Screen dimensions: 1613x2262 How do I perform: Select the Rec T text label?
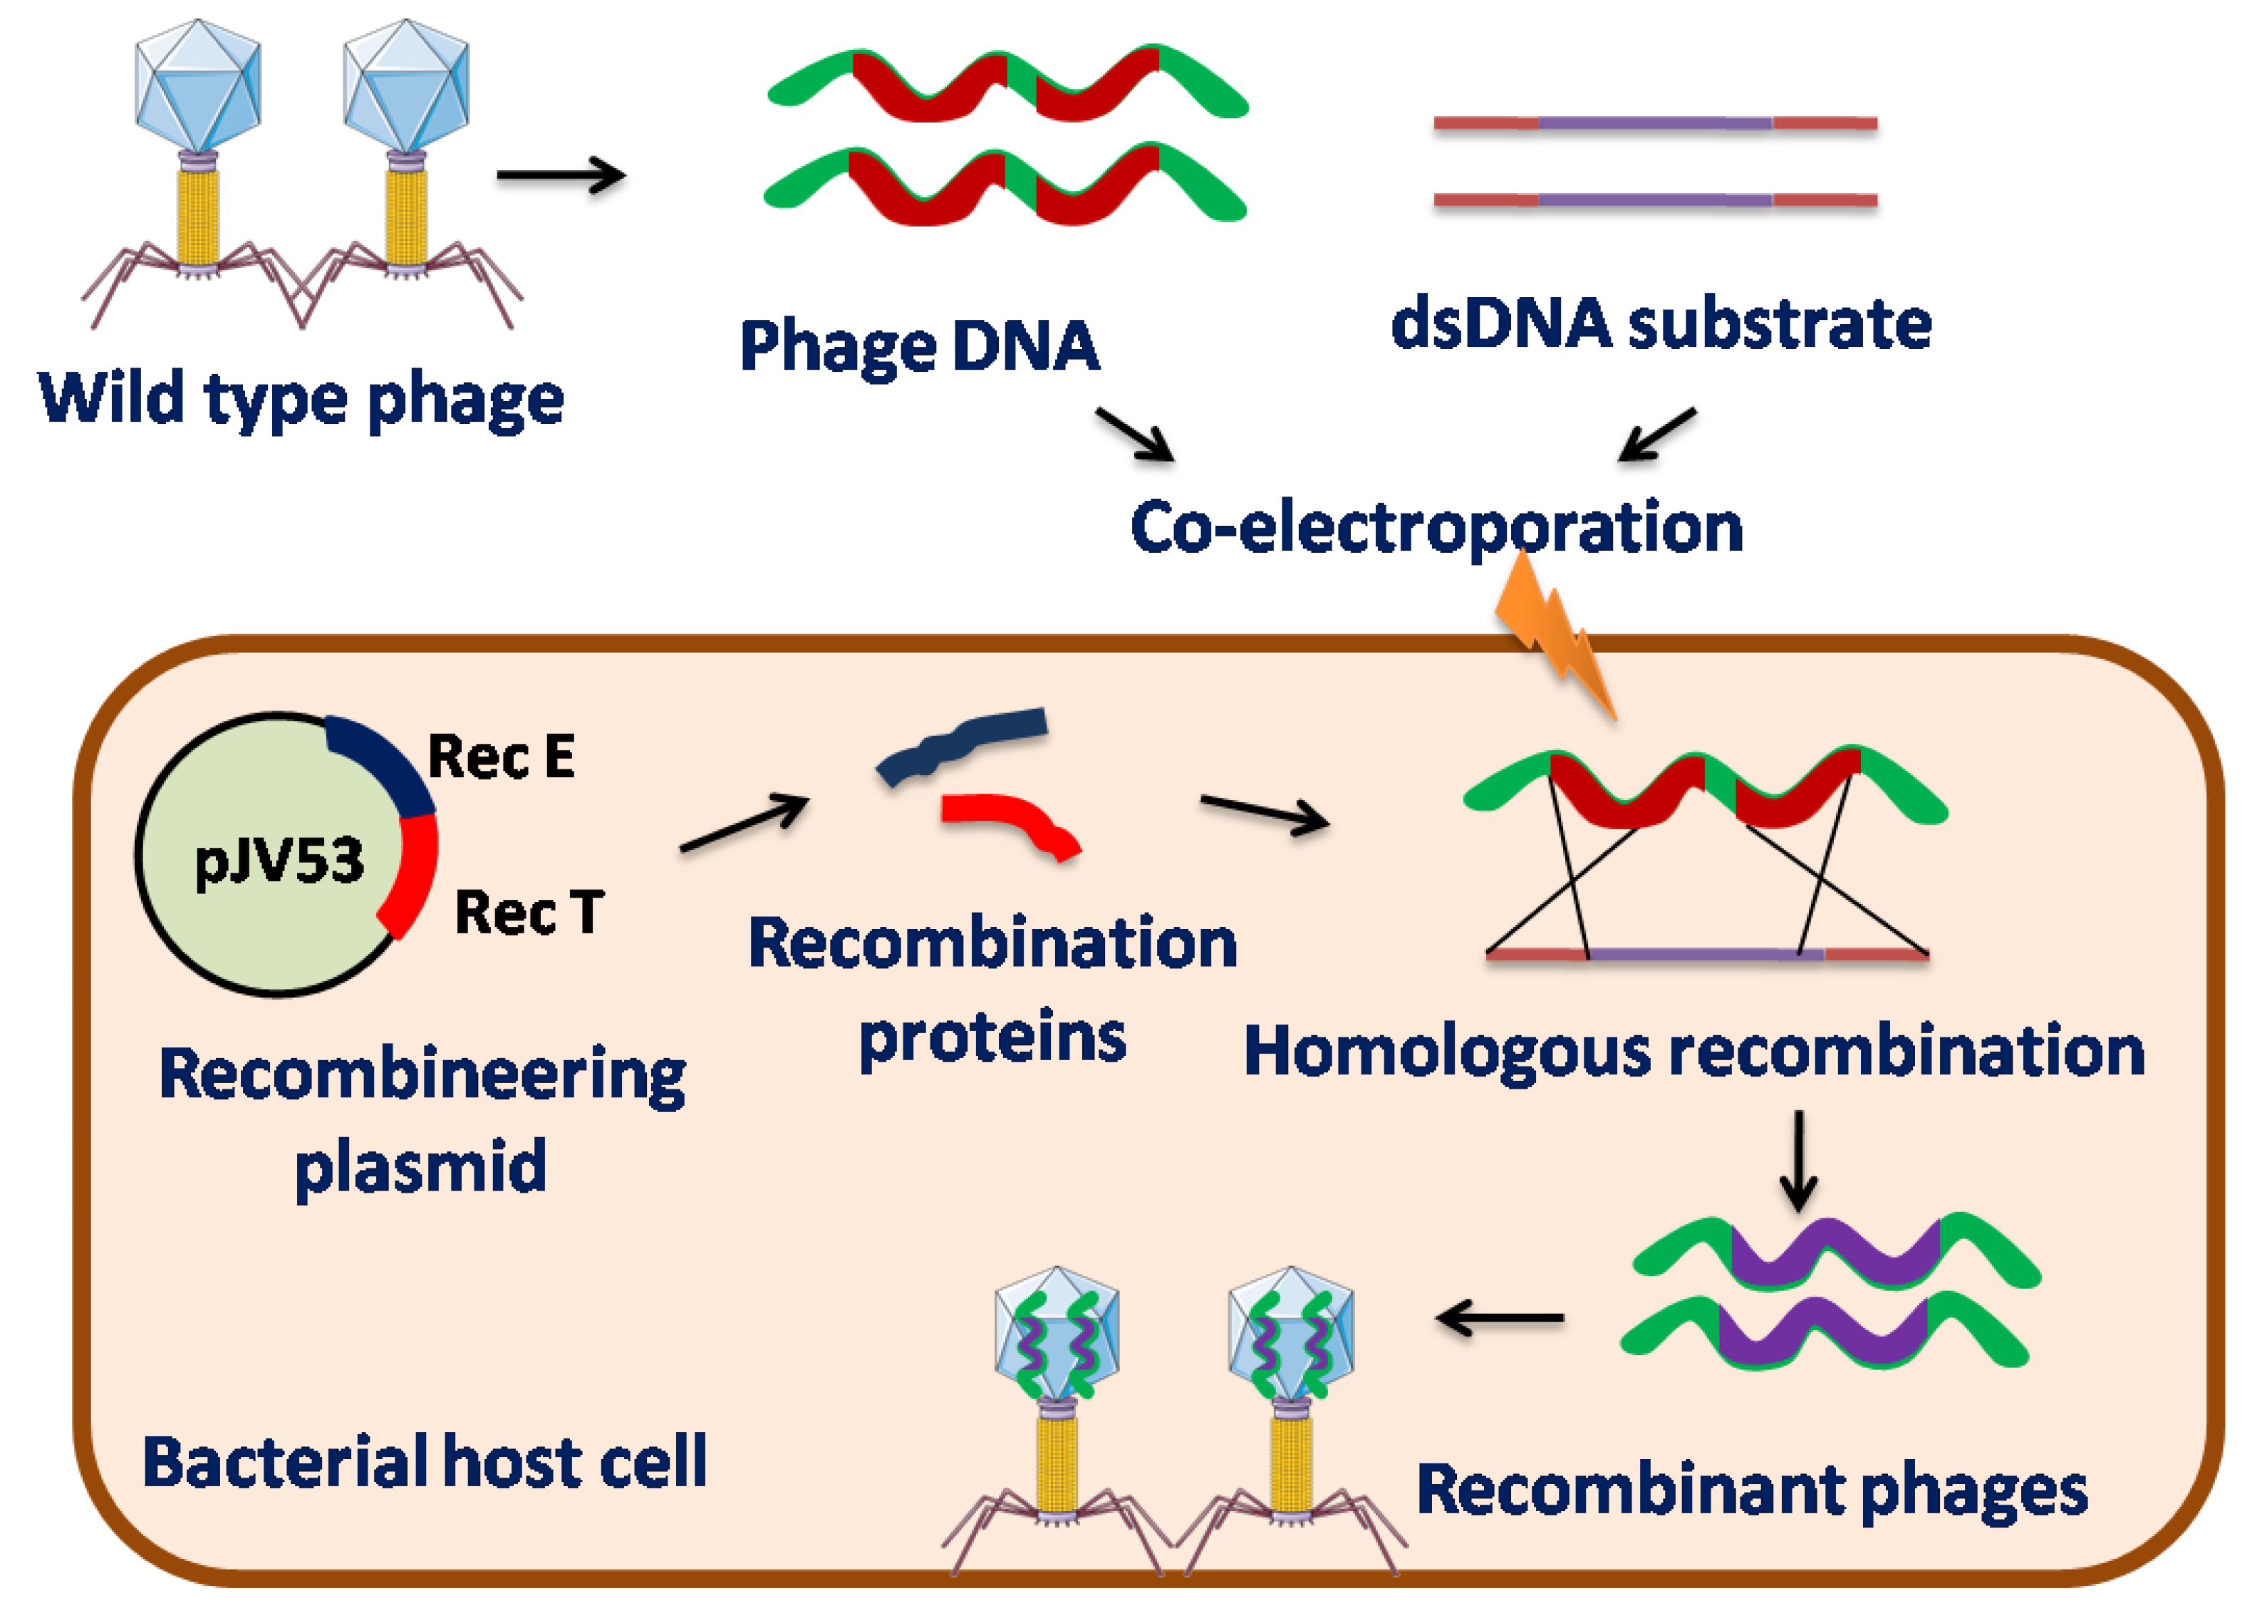pyautogui.click(x=528, y=912)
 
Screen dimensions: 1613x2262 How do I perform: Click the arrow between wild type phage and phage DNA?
pyautogui.click(x=561, y=176)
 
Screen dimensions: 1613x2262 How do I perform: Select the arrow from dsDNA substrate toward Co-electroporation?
pyautogui.click(x=1656, y=434)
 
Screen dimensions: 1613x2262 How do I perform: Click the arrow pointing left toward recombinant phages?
pyautogui.click(x=1500, y=1319)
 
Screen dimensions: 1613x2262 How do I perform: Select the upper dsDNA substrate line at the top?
pyautogui.click(x=1654, y=124)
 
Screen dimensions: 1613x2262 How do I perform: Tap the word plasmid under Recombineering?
pyautogui.click(x=421, y=1166)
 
